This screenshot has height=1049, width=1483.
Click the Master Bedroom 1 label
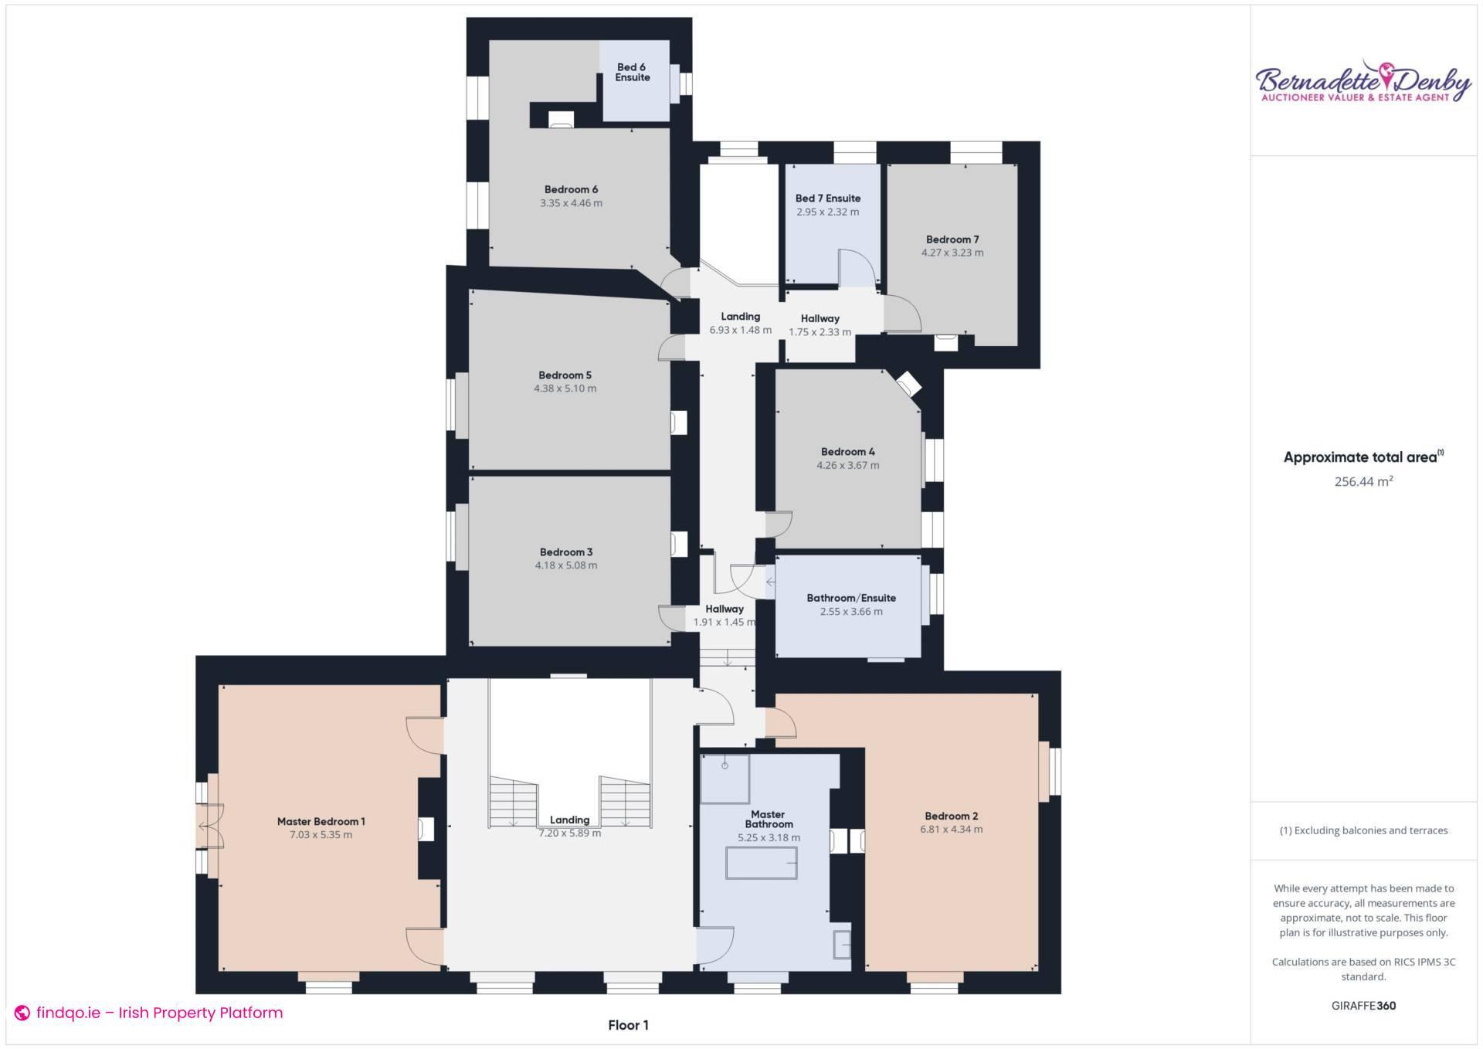[x=321, y=821]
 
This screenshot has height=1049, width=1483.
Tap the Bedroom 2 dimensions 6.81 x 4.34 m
[x=951, y=830]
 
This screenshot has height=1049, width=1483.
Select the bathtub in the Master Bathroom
[x=761, y=863]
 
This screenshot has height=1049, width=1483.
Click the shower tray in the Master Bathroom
[x=725, y=779]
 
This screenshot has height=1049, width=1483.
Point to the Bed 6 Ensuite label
[x=632, y=73]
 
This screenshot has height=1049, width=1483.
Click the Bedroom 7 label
[x=952, y=239]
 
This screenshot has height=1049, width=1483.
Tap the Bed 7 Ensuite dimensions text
[x=827, y=212]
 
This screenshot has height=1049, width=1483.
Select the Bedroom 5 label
[x=565, y=375]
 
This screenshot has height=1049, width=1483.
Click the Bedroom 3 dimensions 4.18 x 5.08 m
[x=565, y=565]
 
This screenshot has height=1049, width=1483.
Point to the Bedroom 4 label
[x=847, y=452]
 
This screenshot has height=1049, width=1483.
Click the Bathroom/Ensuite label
[x=850, y=598]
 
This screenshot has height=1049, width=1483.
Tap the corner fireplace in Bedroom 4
[x=908, y=384]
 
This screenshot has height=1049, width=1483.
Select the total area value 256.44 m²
[x=1363, y=481]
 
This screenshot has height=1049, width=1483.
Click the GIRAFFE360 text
[x=1363, y=1006]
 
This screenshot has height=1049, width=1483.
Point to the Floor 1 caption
[x=628, y=1025]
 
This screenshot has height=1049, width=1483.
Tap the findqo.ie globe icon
[x=22, y=1013]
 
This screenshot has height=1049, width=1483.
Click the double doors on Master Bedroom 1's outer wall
[x=210, y=827]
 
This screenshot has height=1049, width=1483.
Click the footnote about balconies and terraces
[x=1363, y=830]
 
